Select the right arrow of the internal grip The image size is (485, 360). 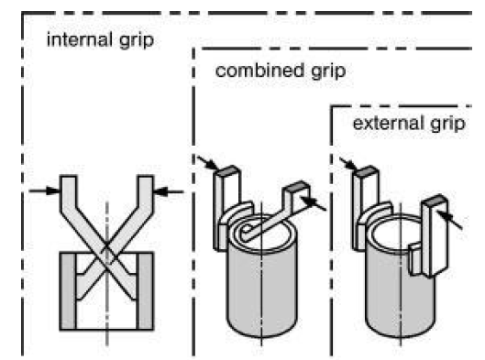point(170,191)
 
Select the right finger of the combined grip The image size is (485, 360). point(292,197)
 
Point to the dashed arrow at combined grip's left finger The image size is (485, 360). point(207,162)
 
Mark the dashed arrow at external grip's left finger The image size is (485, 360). point(348,162)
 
